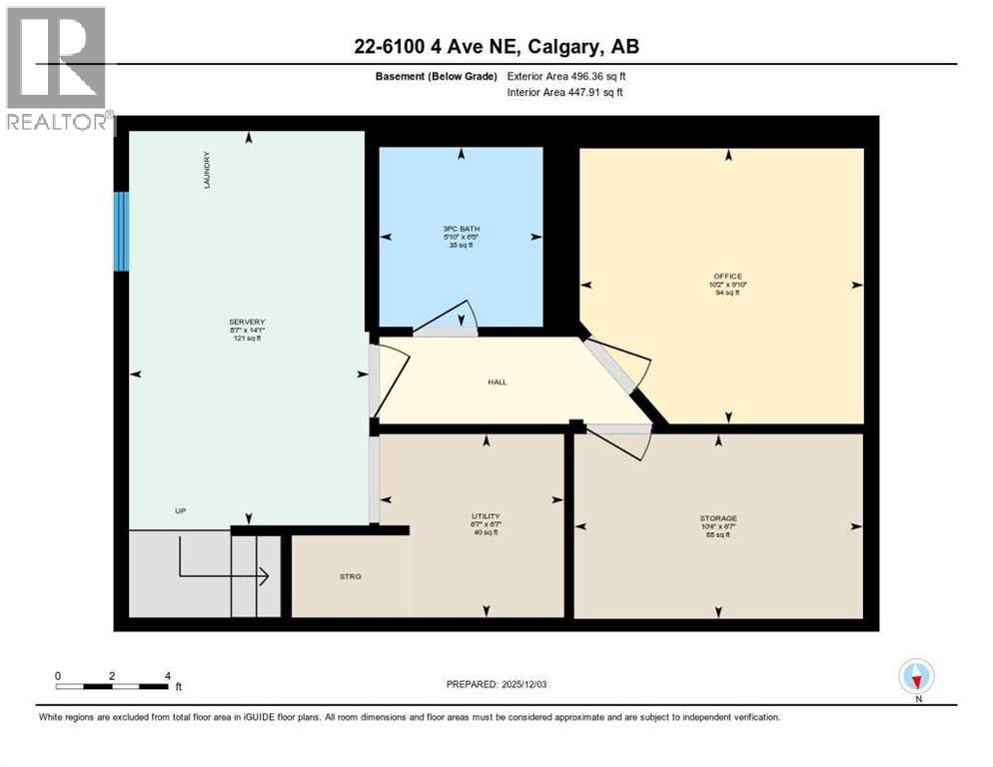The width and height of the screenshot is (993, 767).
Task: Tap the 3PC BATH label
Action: [461, 229]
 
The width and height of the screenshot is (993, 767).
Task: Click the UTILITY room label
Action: [486, 516]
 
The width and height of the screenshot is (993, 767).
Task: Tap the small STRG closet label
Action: [350, 576]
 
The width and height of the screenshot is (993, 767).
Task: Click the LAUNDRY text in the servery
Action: [207, 170]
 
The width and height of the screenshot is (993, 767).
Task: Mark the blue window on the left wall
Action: [121, 231]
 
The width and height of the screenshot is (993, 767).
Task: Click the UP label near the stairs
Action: [181, 510]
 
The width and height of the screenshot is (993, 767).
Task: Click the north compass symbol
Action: [916, 677]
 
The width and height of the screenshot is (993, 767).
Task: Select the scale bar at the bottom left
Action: [112, 685]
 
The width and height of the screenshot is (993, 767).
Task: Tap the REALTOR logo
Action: [58, 70]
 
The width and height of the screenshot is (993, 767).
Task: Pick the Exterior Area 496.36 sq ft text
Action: [568, 76]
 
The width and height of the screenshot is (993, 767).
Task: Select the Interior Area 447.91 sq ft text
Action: [567, 93]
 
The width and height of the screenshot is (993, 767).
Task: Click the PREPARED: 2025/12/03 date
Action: [497, 684]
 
